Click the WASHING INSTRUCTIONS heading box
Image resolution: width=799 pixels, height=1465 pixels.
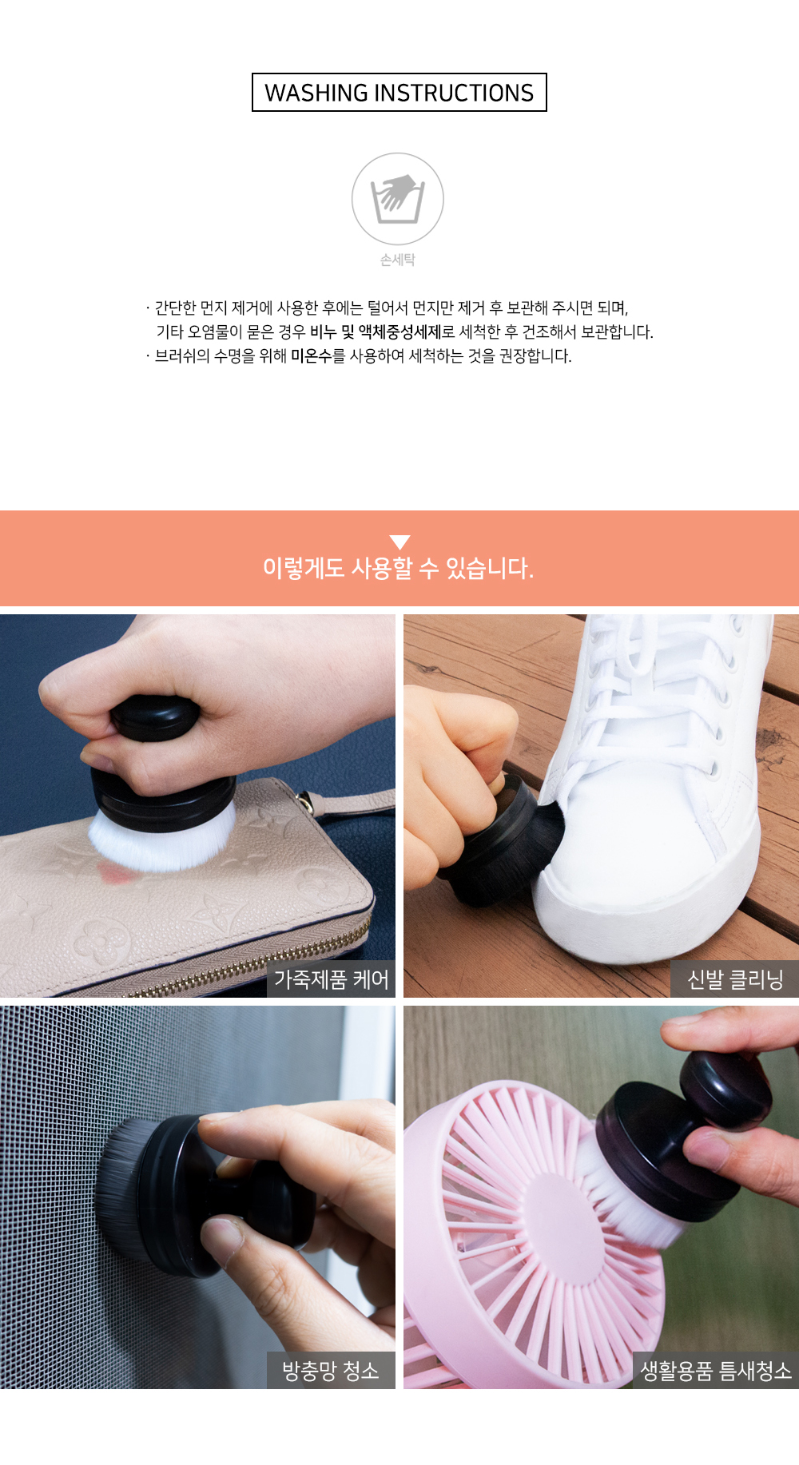click(x=399, y=93)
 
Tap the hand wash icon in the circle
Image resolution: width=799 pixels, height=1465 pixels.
click(x=398, y=199)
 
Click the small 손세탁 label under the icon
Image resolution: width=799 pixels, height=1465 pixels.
click(x=398, y=260)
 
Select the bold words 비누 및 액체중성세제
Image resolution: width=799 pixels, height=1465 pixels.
click(x=376, y=332)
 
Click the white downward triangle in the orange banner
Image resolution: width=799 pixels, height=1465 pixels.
click(x=399, y=542)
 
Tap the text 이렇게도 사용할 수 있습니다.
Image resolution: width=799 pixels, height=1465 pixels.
click(x=398, y=568)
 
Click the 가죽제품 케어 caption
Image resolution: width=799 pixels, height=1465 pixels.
click(x=331, y=979)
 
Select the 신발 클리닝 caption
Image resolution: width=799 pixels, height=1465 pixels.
click(x=735, y=979)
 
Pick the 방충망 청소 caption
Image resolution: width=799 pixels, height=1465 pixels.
click(x=331, y=1371)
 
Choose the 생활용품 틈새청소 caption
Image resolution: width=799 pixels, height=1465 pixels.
click(x=716, y=1371)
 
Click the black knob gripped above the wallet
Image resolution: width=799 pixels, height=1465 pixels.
click(x=156, y=717)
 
